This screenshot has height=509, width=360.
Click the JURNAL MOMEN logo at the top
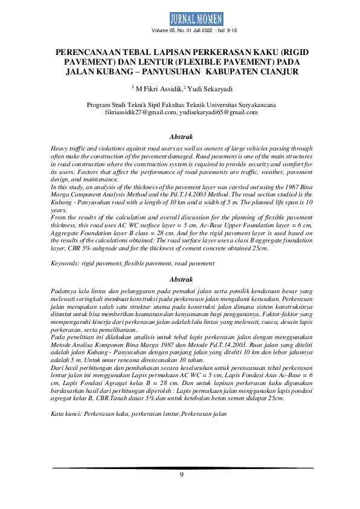(x=180, y=18)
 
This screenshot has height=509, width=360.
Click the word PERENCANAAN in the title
(x=88, y=53)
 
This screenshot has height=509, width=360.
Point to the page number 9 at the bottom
(x=181, y=475)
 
